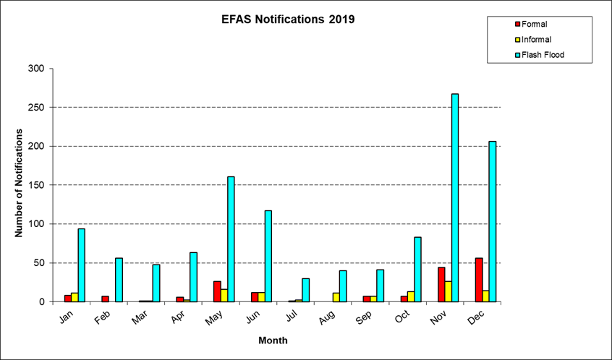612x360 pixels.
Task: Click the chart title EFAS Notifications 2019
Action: pyautogui.click(x=288, y=20)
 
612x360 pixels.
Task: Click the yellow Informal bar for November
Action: pyautogui.click(x=448, y=291)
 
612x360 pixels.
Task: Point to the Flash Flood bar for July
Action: pyautogui.click(x=305, y=290)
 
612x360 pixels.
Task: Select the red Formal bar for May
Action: pyautogui.click(x=217, y=291)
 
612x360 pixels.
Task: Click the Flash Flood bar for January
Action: pyautogui.click(x=82, y=265)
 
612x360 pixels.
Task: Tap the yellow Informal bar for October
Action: pyautogui.click(x=411, y=296)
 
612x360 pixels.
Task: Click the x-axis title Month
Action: pyautogui.click(x=273, y=340)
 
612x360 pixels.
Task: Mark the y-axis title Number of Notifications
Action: pyautogui.click(x=20, y=184)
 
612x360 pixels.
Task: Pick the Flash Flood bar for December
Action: pyautogui.click(x=493, y=221)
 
